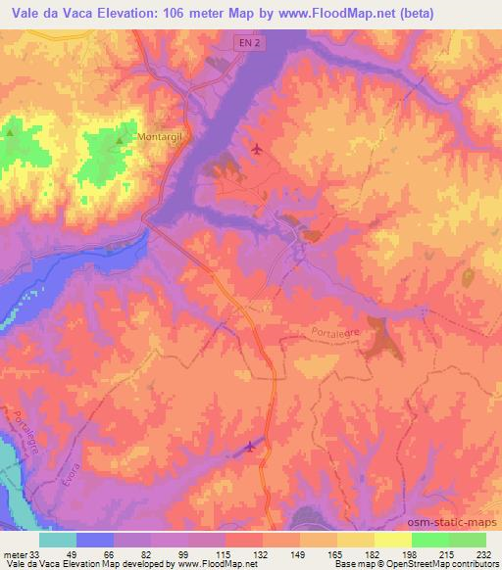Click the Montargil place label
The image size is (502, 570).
click(161, 137)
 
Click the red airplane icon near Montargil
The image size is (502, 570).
click(257, 149)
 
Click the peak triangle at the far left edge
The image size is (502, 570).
click(11, 129)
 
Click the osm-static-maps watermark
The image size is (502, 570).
click(452, 520)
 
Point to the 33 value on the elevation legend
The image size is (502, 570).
click(34, 554)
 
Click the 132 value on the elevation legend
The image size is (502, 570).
click(263, 554)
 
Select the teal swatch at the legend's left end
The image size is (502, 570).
click(58, 540)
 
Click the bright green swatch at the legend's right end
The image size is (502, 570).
click(467, 540)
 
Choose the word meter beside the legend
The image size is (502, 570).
click(14, 554)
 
